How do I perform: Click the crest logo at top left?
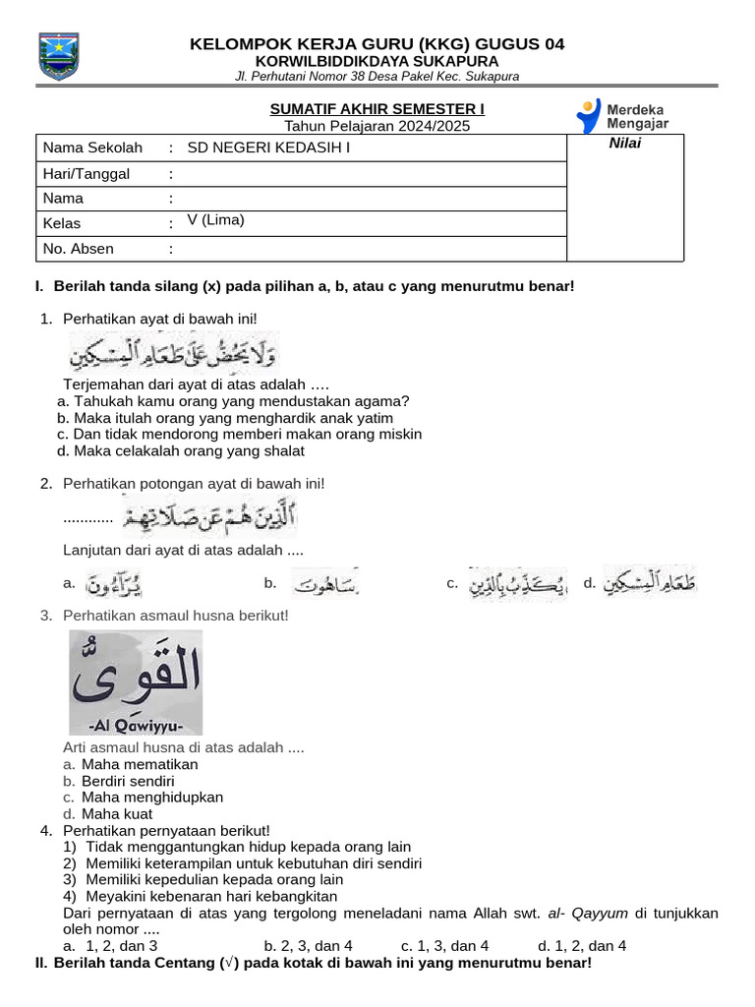click(57, 56)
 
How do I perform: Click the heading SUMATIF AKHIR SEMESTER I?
click(377, 108)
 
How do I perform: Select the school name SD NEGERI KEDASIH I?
click(268, 148)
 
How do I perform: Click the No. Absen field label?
click(79, 249)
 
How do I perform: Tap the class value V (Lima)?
click(215, 220)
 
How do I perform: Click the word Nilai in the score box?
click(624, 145)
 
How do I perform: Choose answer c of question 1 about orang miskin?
click(240, 434)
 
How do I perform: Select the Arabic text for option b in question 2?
click(324, 584)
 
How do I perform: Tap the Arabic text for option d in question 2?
click(651, 583)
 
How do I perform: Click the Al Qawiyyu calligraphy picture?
click(136, 681)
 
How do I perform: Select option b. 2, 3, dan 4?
click(308, 946)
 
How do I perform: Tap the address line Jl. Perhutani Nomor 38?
click(377, 77)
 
